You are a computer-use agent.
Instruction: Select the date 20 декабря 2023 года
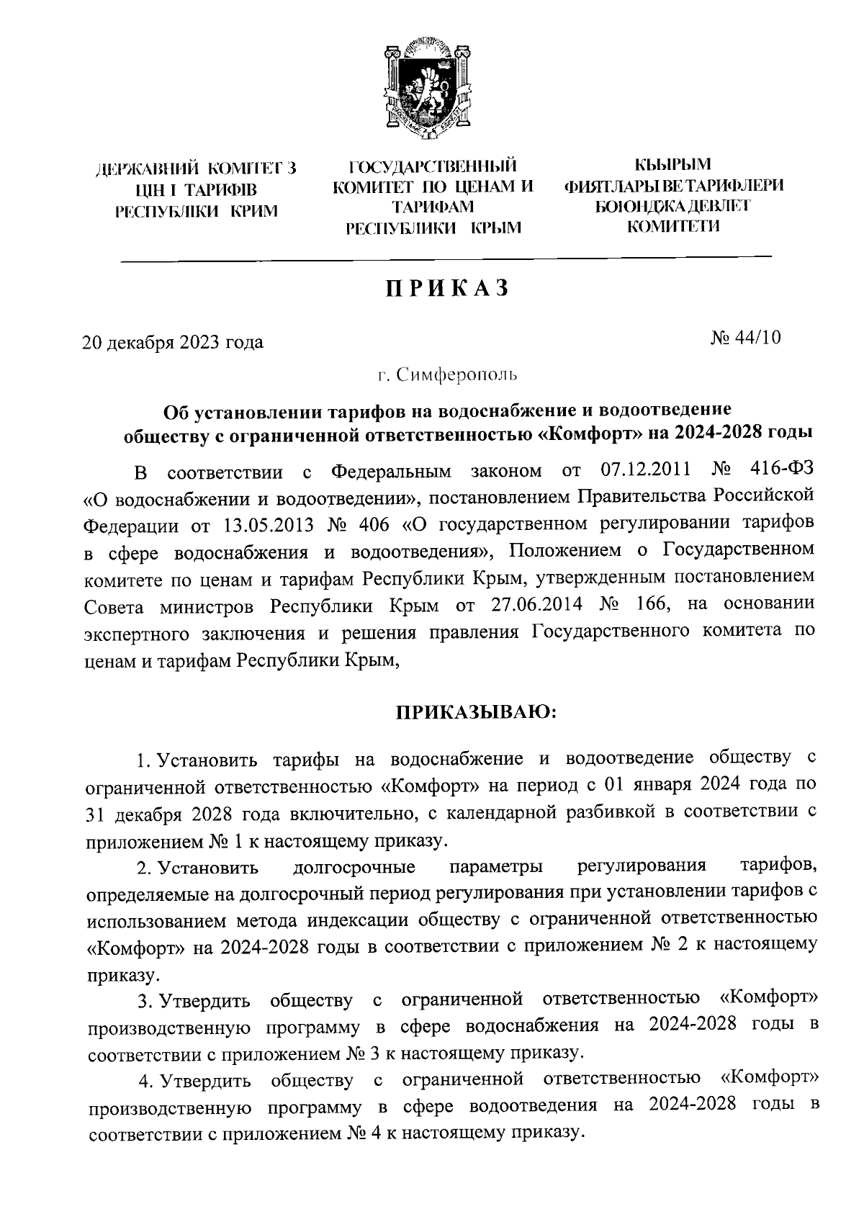173,342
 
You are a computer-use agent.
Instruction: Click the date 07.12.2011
645,472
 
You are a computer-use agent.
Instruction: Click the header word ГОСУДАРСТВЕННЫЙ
433,168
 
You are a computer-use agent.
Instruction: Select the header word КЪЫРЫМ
676,166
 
